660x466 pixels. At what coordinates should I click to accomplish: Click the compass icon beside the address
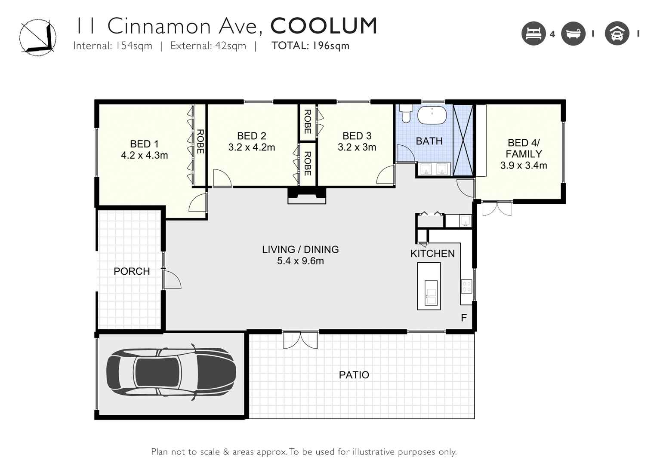point(38,37)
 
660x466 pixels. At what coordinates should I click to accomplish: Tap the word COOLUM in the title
point(324,26)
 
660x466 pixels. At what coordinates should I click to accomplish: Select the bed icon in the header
point(534,34)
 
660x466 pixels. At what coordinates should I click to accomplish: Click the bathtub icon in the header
point(573,34)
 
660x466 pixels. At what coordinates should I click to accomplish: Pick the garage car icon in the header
point(617,34)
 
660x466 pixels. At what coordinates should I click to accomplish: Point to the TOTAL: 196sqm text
point(311,46)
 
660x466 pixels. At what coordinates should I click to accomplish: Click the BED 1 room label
point(145,144)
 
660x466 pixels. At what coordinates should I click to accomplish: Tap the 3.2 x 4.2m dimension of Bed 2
point(252,147)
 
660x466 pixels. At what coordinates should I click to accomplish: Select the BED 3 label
point(357,136)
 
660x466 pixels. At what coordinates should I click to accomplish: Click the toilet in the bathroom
point(405,114)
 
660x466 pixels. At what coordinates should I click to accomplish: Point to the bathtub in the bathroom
point(432,115)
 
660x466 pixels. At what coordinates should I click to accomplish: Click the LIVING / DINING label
point(301,250)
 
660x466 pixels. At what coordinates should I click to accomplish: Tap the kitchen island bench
point(429,286)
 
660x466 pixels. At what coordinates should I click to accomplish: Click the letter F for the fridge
point(464,318)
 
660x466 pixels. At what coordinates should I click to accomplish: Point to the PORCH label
point(132,271)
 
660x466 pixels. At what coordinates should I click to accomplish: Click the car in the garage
point(171,372)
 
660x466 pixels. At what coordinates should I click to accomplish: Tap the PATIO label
point(354,375)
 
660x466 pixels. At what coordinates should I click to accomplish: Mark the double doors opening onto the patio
point(301,340)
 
